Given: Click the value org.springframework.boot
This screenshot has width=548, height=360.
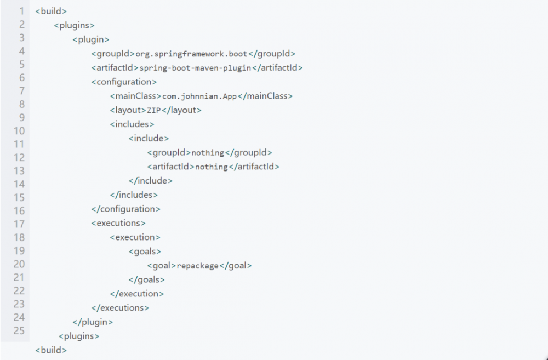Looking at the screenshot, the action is pos(191,54).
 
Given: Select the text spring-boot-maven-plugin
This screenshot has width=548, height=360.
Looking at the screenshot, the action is pos(196,68).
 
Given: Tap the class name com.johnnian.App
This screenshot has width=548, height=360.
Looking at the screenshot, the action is pos(200,96).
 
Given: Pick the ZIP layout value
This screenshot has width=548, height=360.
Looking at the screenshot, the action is pos(154,111).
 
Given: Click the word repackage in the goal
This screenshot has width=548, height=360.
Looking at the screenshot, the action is pos(197,266).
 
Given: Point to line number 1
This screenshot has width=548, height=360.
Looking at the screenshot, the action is pos(22,11).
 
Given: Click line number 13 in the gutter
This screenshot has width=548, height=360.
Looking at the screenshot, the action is pos(19,171).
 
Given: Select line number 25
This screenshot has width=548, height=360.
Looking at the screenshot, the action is pos(19,330).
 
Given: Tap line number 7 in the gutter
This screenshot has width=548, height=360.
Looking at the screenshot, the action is pos(22,91).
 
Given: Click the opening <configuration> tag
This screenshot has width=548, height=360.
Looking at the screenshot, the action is pos(124,82).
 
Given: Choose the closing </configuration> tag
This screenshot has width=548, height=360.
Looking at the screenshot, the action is pos(126,209).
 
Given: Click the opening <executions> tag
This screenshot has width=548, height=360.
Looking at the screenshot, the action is pos(118,223).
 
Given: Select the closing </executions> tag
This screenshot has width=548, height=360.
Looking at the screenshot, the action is pos(120,308).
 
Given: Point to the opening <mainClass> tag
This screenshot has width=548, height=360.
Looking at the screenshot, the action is pos(136,96).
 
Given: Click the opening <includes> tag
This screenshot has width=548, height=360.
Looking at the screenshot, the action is pos(132,124).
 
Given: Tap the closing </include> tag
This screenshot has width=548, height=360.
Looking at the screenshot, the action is pos(151,181).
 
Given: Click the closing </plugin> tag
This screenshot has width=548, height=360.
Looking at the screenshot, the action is pos(93,322).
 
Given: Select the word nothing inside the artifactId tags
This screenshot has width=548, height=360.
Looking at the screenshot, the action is pos(212,167).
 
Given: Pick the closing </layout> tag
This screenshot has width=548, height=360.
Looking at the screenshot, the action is pos(181,111).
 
